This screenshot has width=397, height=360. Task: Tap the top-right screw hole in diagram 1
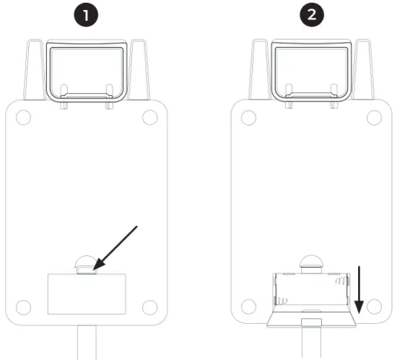pos(149,117)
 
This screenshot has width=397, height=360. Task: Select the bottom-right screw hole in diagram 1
pos(149,304)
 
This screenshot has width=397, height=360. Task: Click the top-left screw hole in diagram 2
pos(249,117)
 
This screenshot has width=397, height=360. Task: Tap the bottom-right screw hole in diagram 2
pos(374,304)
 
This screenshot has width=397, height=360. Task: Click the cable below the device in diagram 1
pos(86,343)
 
